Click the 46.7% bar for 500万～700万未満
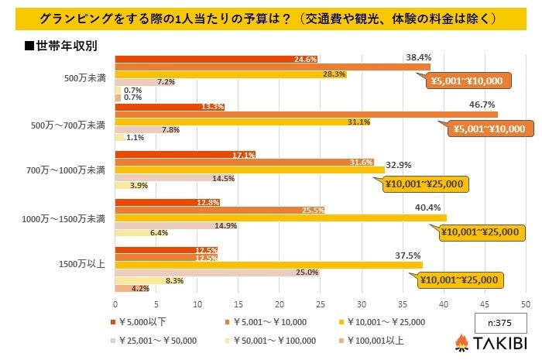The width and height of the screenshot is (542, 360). (x=306, y=115)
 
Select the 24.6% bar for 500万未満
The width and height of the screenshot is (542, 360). (x=216, y=59)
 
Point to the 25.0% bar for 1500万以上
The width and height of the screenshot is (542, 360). (x=217, y=272)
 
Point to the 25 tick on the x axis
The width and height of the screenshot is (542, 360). (x=321, y=303)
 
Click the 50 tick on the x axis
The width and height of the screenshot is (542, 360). (x=526, y=303)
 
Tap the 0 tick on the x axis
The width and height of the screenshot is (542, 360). (x=115, y=303)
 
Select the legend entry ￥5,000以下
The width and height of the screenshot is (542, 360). (x=139, y=322)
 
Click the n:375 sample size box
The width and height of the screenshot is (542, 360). (x=500, y=322)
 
